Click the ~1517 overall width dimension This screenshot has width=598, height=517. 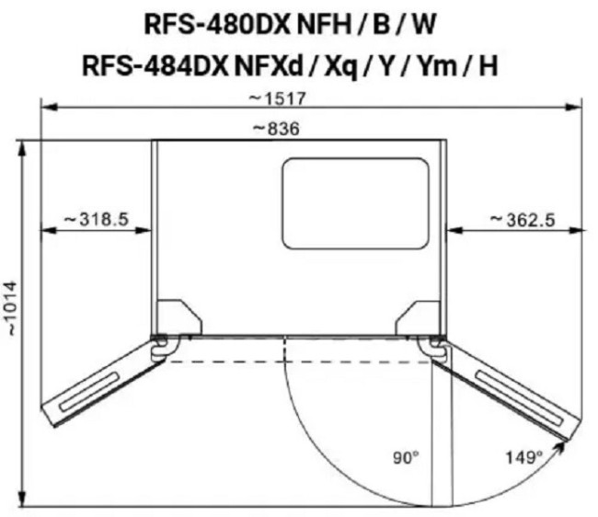(277, 98)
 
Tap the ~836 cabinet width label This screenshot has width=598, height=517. (277, 129)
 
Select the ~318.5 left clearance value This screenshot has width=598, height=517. (96, 219)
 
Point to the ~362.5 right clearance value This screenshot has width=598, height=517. (523, 220)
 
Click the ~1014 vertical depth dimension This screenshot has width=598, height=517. (13, 309)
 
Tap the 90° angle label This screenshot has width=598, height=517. (406, 457)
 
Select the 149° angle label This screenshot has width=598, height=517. (523, 457)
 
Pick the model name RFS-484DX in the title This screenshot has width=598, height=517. (155, 65)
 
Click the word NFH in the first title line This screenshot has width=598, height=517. (324, 25)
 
